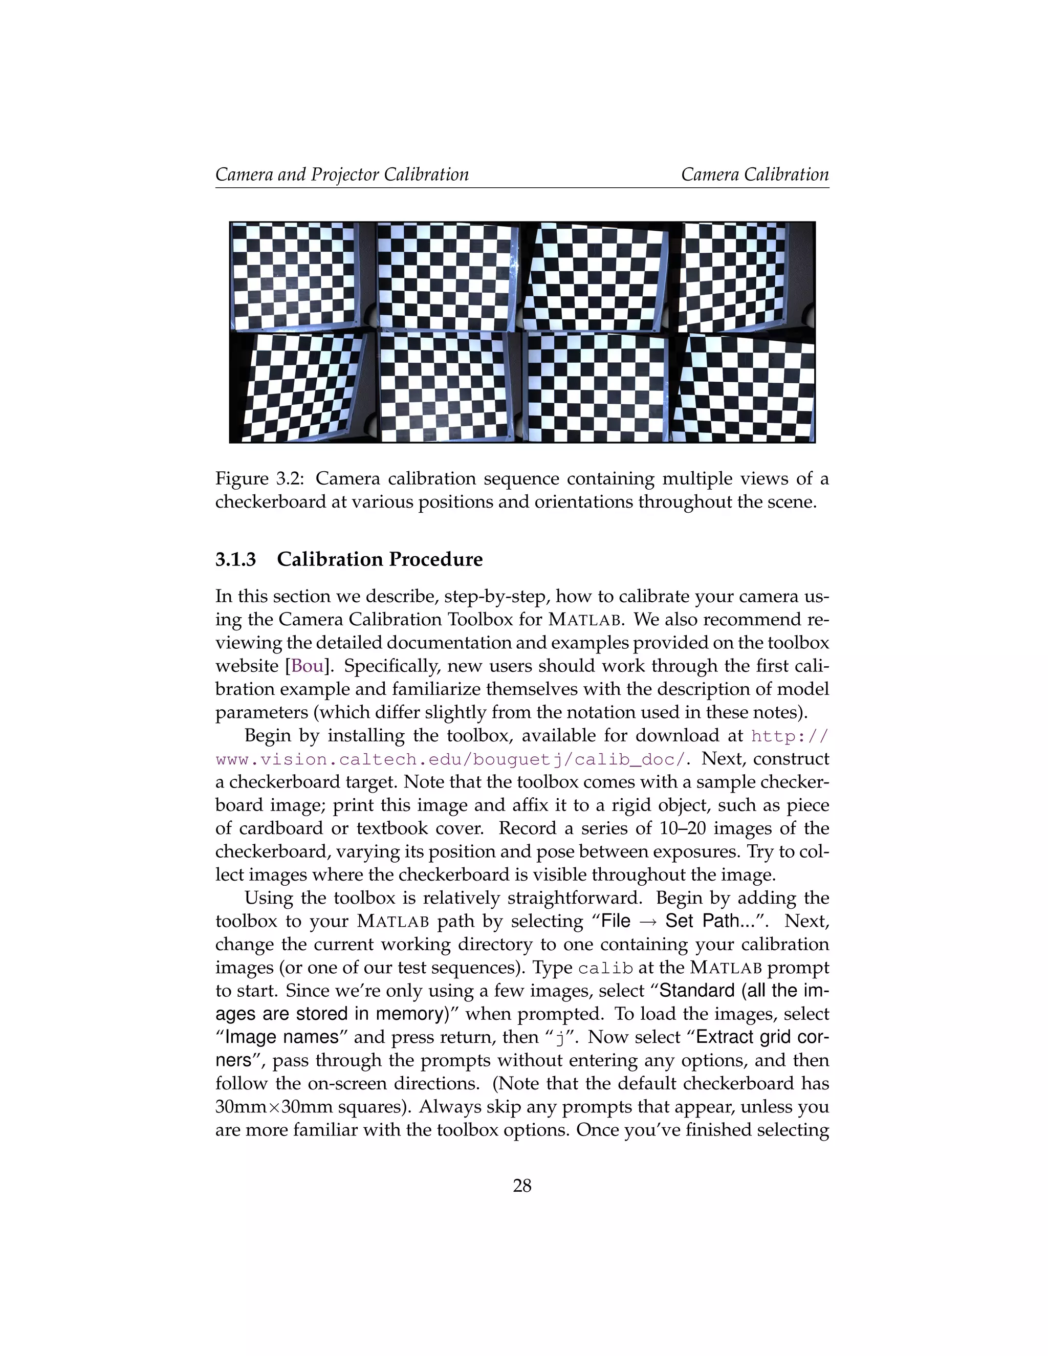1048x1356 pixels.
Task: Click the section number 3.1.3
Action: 235,559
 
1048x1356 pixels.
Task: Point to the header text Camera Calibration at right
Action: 754,174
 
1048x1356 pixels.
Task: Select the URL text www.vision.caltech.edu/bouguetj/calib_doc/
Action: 451,759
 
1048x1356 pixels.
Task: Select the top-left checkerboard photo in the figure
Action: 302,277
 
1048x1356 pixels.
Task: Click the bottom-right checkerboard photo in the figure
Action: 744,388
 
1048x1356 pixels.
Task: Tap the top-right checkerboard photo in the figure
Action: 744,277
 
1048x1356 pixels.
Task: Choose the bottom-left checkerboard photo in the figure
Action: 302,388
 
